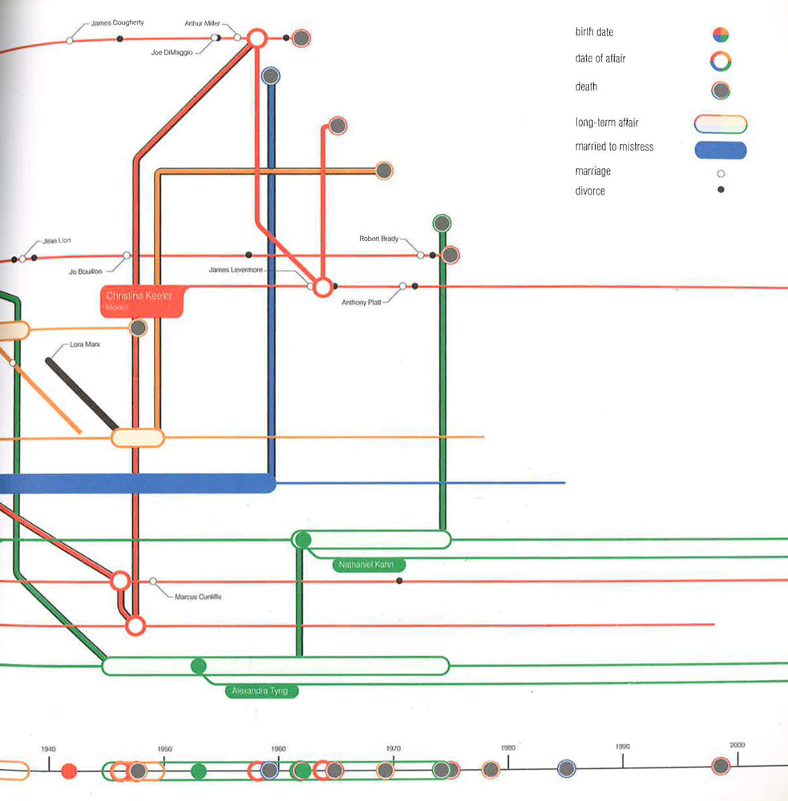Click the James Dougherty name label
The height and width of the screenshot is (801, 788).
pyautogui.click(x=117, y=22)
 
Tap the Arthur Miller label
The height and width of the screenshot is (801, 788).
pyautogui.click(x=202, y=24)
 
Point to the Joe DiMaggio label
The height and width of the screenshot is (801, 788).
pyautogui.click(x=172, y=52)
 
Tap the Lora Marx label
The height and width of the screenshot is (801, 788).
pyautogui.click(x=85, y=344)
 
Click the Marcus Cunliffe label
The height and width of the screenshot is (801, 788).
pyautogui.click(x=198, y=597)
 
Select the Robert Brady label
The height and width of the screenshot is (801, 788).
pyautogui.click(x=378, y=239)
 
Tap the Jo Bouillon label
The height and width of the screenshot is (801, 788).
pyautogui.click(x=86, y=272)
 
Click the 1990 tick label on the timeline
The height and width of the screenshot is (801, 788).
pyautogui.click(x=623, y=747)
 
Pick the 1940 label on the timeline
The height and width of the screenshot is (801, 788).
pyautogui.click(x=49, y=750)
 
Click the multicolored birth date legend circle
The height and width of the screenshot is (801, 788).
pyautogui.click(x=721, y=34)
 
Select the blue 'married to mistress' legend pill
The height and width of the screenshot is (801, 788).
pyautogui.click(x=720, y=150)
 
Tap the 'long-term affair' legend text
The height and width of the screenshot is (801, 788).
pyautogui.click(x=607, y=123)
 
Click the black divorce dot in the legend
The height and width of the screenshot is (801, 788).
pyautogui.click(x=721, y=190)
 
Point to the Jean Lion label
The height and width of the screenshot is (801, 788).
pyautogui.click(x=57, y=240)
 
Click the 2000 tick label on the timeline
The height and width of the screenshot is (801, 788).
pyautogui.click(x=737, y=745)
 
